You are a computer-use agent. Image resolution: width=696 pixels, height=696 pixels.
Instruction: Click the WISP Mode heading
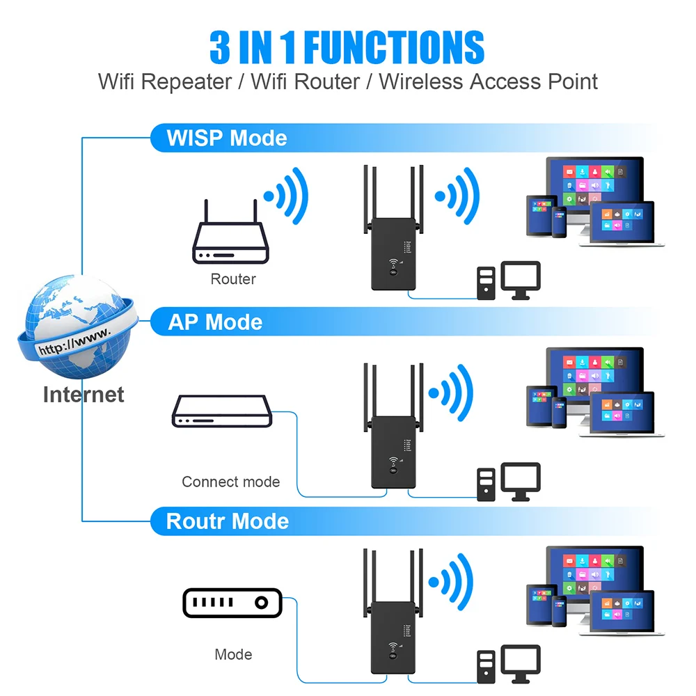226,138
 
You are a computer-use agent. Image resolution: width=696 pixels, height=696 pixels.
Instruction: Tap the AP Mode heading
215,322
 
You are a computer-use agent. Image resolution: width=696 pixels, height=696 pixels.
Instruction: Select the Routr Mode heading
227,521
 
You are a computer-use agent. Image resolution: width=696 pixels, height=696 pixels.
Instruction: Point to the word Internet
84,395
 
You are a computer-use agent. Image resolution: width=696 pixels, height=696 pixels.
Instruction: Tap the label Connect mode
230,482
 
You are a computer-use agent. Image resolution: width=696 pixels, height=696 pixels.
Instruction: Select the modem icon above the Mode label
232,603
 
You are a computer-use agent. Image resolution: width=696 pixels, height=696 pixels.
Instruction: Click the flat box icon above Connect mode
221,411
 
